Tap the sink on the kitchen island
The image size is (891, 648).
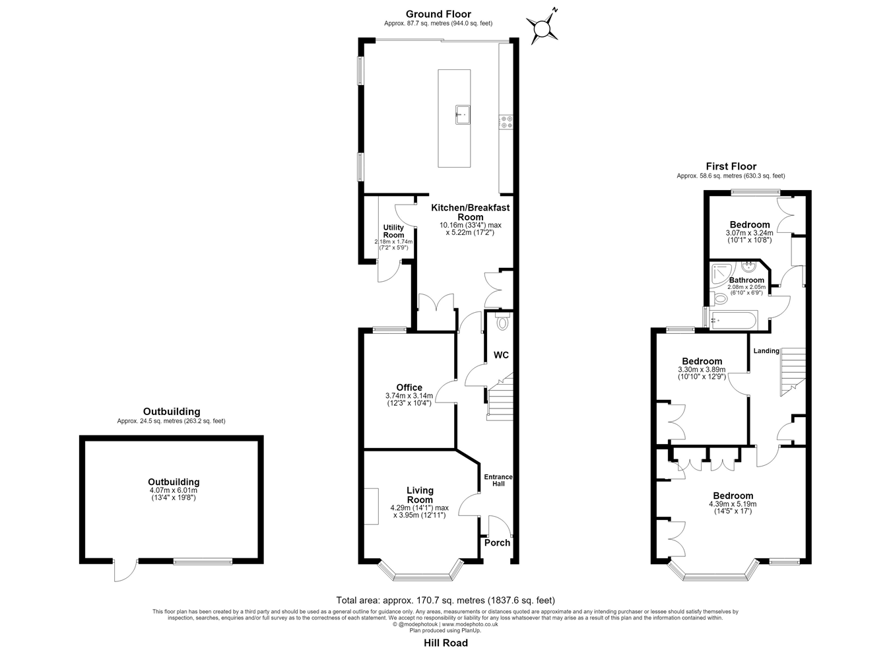coord(463,115)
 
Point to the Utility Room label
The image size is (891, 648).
coord(393,231)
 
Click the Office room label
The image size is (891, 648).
coord(409,387)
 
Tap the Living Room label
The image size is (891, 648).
coord(420,496)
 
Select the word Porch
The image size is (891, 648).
coord(497,542)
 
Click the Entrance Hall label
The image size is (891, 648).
coord(498,480)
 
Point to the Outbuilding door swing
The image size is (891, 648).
coord(125,571)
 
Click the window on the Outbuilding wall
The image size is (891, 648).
coord(203,562)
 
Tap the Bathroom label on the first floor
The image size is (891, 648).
coord(746,280)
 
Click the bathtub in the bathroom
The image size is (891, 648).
coord(734,320)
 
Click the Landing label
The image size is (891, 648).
coord(766,351)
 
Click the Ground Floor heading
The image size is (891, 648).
coord(438,15)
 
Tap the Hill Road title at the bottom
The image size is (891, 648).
coord(446,632)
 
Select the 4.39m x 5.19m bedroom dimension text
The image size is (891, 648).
coord(733,504)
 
